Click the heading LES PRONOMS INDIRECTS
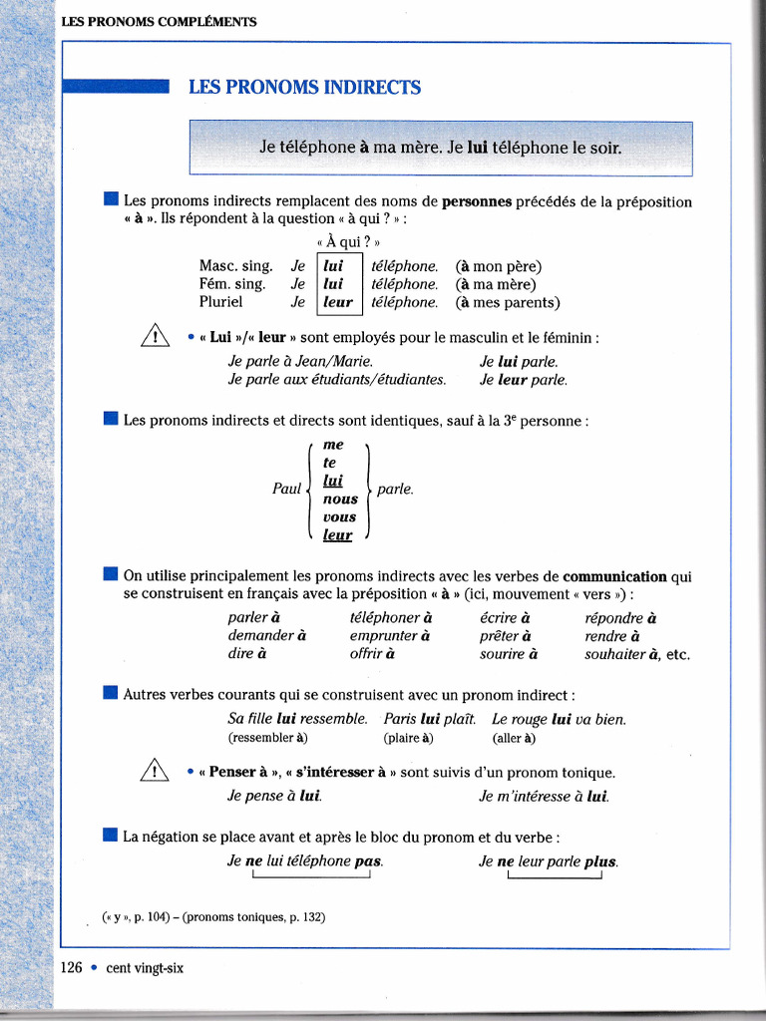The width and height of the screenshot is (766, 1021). [304, 88]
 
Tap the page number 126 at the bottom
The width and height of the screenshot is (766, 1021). [71, 967]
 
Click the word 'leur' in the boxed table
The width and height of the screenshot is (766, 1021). [338, 302]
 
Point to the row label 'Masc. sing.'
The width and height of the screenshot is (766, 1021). [235, 266]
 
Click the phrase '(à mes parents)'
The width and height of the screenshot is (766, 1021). [508, 302]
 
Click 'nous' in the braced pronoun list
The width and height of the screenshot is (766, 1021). [340, 499]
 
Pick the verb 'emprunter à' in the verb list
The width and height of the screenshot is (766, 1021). [390, 636]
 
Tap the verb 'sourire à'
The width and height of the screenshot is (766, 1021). [509, 655]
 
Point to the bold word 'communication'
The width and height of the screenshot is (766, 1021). [614, 576]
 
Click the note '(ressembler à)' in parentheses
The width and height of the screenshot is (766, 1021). [268, 739]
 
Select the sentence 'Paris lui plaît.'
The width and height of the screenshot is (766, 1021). [430, 719]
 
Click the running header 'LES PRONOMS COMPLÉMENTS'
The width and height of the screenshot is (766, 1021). [159, 21]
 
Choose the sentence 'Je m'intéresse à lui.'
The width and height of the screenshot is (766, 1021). [545, 796]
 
